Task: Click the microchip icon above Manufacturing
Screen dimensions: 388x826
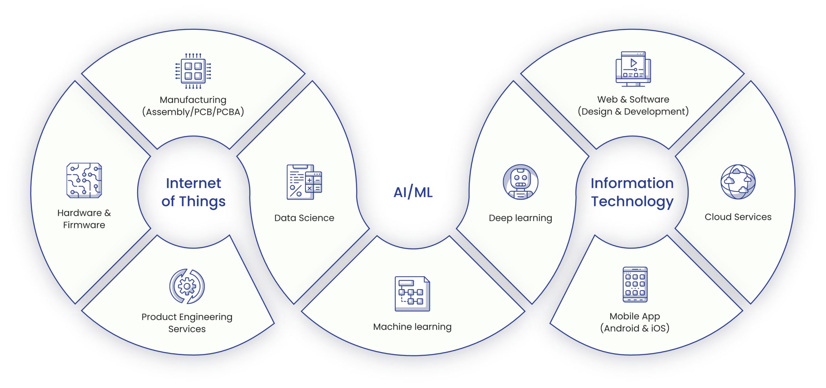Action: tap(193, 71)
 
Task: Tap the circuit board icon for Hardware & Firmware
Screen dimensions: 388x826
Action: tap(84, 180)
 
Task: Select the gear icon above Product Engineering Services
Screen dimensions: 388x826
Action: tap(187, 286)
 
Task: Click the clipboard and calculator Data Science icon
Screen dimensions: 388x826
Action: tap(304, 182)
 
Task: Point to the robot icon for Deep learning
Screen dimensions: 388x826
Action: tap(520, 182)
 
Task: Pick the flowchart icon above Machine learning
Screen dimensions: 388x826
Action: tap(412, 294)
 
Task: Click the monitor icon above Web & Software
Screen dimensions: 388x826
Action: tap(633, 69)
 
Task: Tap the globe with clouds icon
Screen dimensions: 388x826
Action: tap(738, 182)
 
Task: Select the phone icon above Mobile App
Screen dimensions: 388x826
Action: tap(635, 284)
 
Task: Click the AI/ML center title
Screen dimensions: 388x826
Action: tap(413, 193)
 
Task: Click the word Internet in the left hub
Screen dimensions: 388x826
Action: tap(194, 183)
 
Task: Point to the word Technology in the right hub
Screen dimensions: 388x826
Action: tap(632, 202)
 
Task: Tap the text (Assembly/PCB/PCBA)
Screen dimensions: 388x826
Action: tap(193, 112)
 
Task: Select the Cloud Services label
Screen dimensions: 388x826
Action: tap(738, 217)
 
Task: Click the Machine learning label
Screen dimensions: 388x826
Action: tap(412, 327)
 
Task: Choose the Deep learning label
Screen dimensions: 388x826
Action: tap(520, 218)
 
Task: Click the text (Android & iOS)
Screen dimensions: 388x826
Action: tap(635, 328)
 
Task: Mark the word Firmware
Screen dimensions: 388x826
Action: tap(84, 225)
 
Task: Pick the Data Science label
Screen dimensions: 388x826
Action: tap(304, 218)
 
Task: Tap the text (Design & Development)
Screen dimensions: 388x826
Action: tap(633, 112)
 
